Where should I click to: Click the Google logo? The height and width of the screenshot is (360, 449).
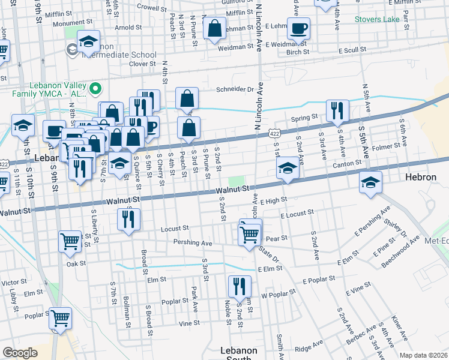pos(20,353)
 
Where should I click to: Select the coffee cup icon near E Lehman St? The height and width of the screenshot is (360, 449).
pos(298,28)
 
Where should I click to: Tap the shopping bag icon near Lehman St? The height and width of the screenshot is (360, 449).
pos(214,28)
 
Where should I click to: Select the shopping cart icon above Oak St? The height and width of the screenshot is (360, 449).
pos(70,241)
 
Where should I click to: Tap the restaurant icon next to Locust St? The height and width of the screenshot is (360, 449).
pos(129,220)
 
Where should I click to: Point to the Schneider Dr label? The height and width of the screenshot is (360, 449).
pos(235,89)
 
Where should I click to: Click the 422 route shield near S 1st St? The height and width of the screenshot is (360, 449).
pos(274,128)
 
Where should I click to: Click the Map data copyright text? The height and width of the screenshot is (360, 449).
pos(423,355)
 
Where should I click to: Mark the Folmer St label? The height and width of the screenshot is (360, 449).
pos(386,146)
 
